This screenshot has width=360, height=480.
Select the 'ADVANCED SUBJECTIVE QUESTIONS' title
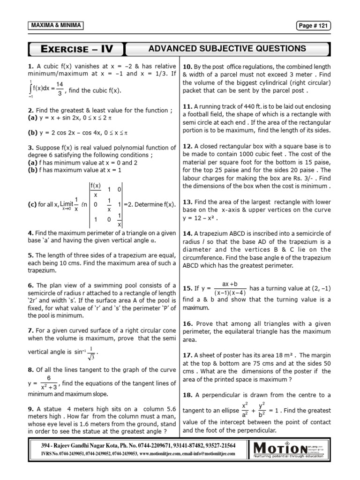(x=227, y=48)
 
